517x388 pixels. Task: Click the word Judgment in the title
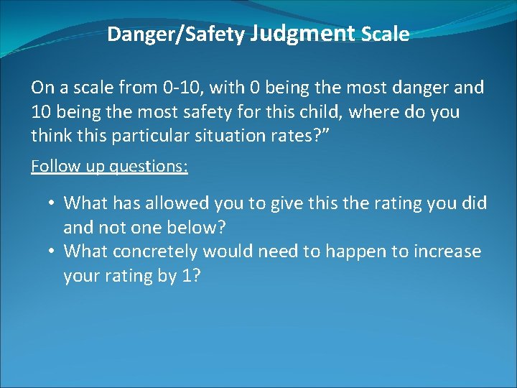tap(304, 33)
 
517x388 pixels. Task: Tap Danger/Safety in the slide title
tap(176, 34)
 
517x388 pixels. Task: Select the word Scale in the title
tap(386, 34)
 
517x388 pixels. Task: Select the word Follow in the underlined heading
tap(55, 167)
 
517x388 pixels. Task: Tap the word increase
tap(446, 252)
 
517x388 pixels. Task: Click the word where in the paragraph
tap(371, 112)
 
